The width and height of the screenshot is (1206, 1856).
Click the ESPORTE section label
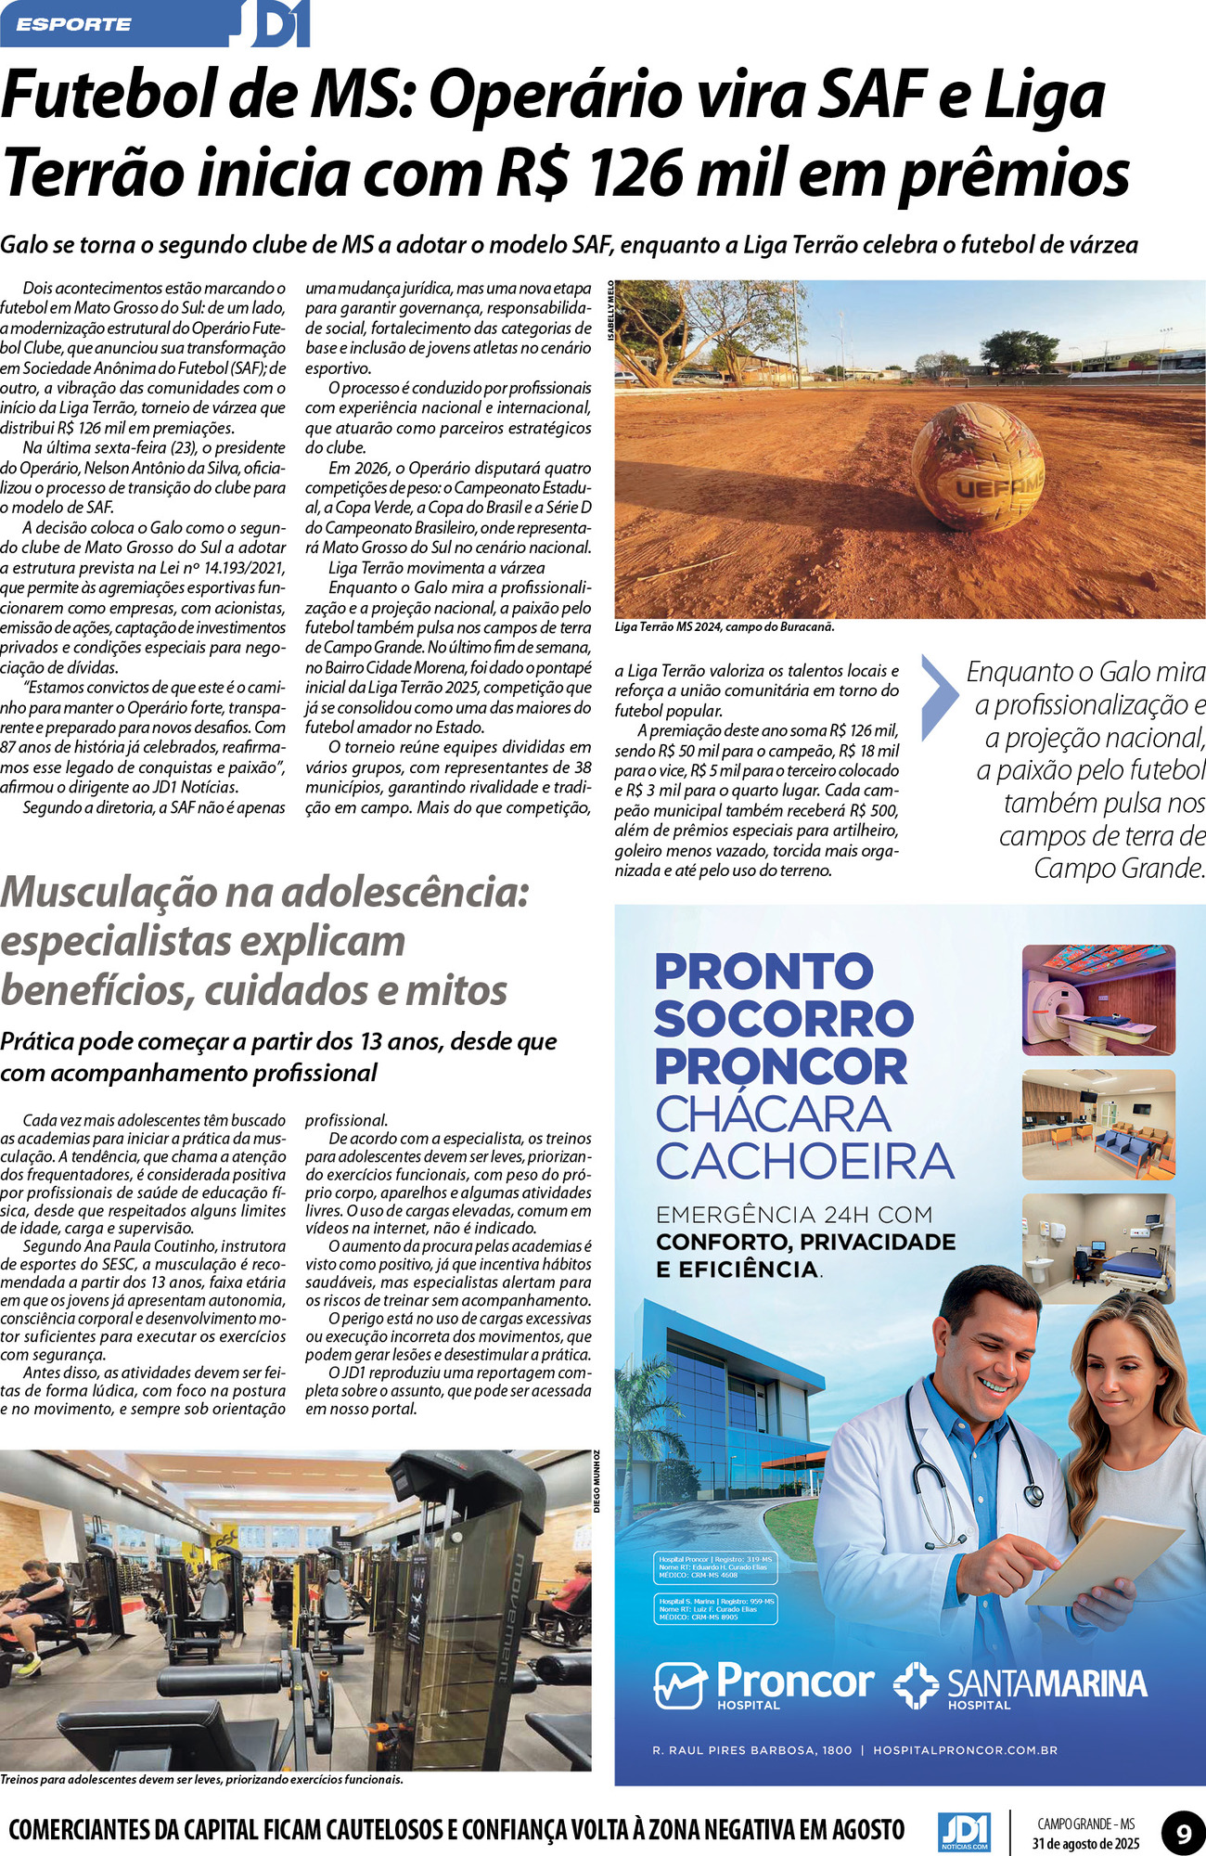(x=73, y=24)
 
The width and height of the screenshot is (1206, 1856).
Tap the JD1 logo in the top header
(x=279, y=25)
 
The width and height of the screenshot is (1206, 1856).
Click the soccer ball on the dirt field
(x=978, y=470)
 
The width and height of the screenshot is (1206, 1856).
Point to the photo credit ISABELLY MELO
(x=610, y=310)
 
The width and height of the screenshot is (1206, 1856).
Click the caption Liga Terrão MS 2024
(x=725, y=626)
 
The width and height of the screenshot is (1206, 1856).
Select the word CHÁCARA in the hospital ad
(x=773, y=1114)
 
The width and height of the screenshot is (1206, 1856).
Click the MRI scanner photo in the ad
(x=1097, y=999)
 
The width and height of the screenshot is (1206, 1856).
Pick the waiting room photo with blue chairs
(x=1097, y=1125)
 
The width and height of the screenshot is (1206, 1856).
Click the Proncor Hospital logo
(x=764, y=1685)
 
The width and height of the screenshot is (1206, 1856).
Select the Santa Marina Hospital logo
(x=1020, y=1685)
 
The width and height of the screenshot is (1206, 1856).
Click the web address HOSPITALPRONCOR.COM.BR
(x=965, y=1750)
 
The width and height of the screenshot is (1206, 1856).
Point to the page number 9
(x=1184, y=1834)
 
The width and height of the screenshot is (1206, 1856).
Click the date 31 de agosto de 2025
(x=1085, y=1843)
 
